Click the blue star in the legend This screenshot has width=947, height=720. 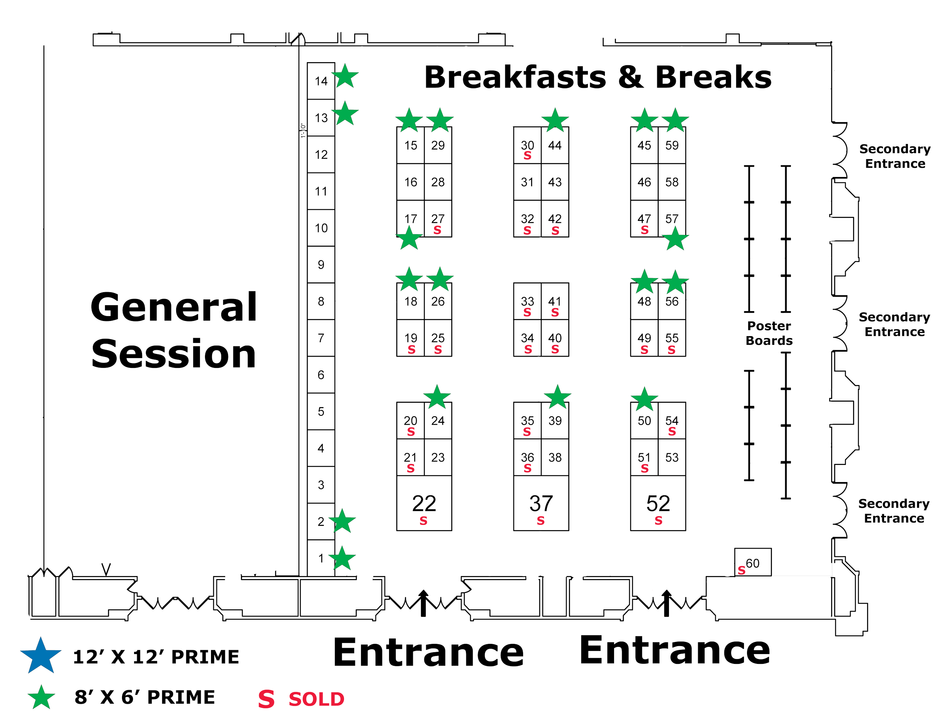[x=41, y=656]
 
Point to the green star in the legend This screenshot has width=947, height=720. [x=41, y=697]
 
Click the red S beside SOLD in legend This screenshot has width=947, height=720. [x=266, y=700]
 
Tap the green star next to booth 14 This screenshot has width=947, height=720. [x=345, y=77]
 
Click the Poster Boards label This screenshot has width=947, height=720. [x=769, y=333]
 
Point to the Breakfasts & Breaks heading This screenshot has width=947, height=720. [x=598, y=78]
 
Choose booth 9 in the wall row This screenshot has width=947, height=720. [x=321, y=265]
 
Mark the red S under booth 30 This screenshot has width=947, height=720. [x=527, y=156]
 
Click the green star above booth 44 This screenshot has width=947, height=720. [x=555, y=121]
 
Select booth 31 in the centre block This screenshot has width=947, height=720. [x=527, y=182]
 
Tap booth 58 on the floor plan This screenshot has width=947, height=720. [x=672, y=182]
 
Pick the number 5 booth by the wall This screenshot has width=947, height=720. [x=321, y=412]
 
